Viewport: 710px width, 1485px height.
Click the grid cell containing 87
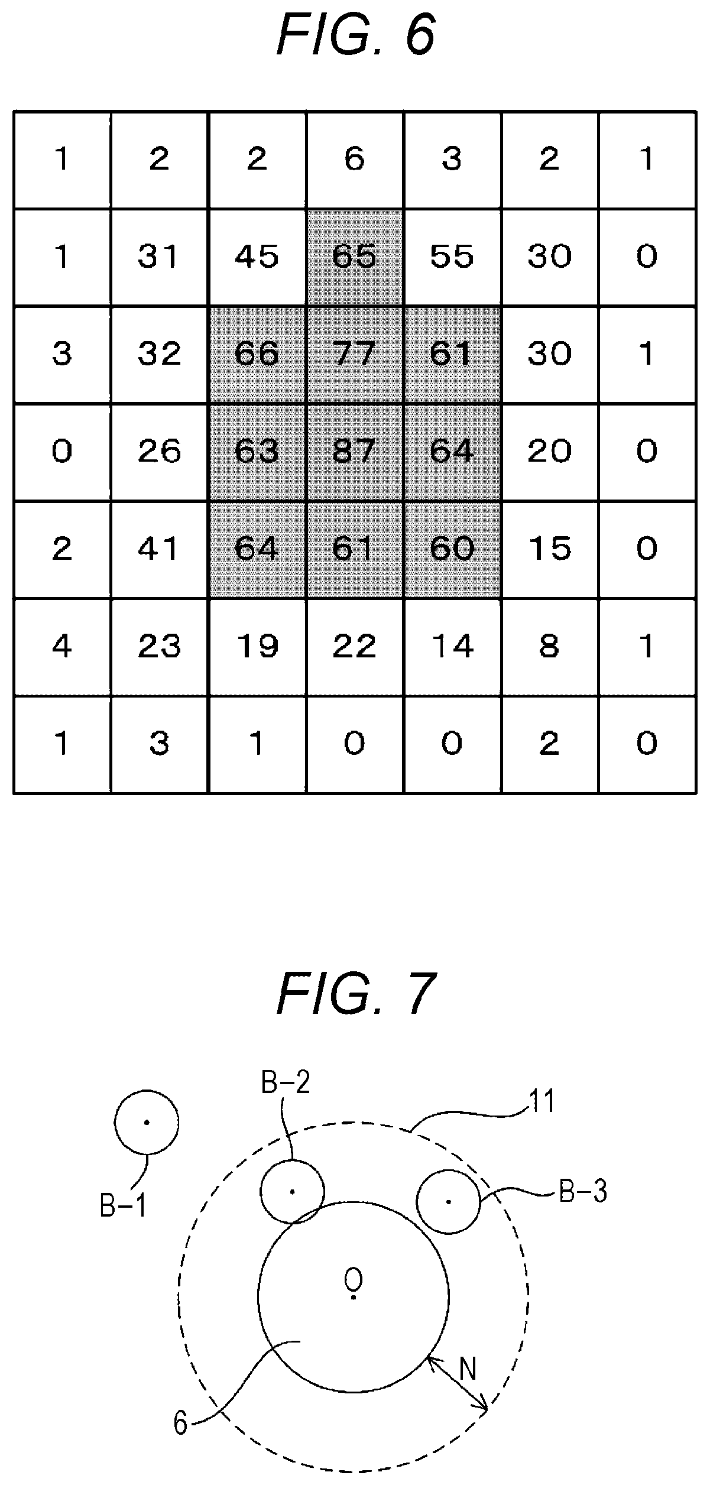pyautogui.click(x=355, y=452)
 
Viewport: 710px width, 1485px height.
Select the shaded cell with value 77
pyautogui.click(x=355, y=355)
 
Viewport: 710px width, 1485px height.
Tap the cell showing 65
pyautogui.click(x=355, y=257)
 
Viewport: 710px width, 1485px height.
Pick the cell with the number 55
pyautogui.click(x=453, y=257)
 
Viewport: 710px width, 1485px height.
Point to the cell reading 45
pyautogui.click(x=258, y=257)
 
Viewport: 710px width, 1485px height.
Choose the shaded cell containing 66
pyautogui.click(x=258, y=355)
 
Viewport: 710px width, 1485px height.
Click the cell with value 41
pyautogui.click(x=160, y=550)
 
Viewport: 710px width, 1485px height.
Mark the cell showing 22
pyautogui.click(x=355, y=647)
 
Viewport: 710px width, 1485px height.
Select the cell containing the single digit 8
pyautogui.click(x=550, y=647)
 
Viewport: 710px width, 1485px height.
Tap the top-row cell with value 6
pyautogui.click(x=355, y=160)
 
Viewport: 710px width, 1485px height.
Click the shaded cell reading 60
pyautogui.click(x=453, y=550)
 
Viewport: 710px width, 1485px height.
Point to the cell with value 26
pyautogui.click(x=160, y=452)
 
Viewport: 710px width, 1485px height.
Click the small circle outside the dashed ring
pyautogui.click(x=147, y=1122)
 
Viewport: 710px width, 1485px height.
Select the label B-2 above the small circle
pyautogui.click(x=286, y=1083)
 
